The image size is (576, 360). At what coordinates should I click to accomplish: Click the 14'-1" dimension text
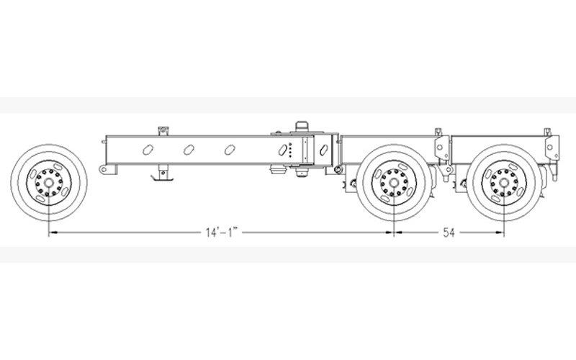222,232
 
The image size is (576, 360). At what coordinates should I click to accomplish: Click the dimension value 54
449,233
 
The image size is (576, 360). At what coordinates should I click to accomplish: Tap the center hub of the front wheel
49,183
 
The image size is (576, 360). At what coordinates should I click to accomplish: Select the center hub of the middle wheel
394,183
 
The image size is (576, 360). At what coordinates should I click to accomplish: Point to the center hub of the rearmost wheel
503,183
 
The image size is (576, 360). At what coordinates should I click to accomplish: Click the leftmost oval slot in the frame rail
148,150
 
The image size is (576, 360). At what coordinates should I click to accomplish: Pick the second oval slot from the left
189,150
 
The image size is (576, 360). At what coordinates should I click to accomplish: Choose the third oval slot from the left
230,150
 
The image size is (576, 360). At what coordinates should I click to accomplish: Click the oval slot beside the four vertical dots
283,150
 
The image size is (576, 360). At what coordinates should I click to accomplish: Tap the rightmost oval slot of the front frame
323,150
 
